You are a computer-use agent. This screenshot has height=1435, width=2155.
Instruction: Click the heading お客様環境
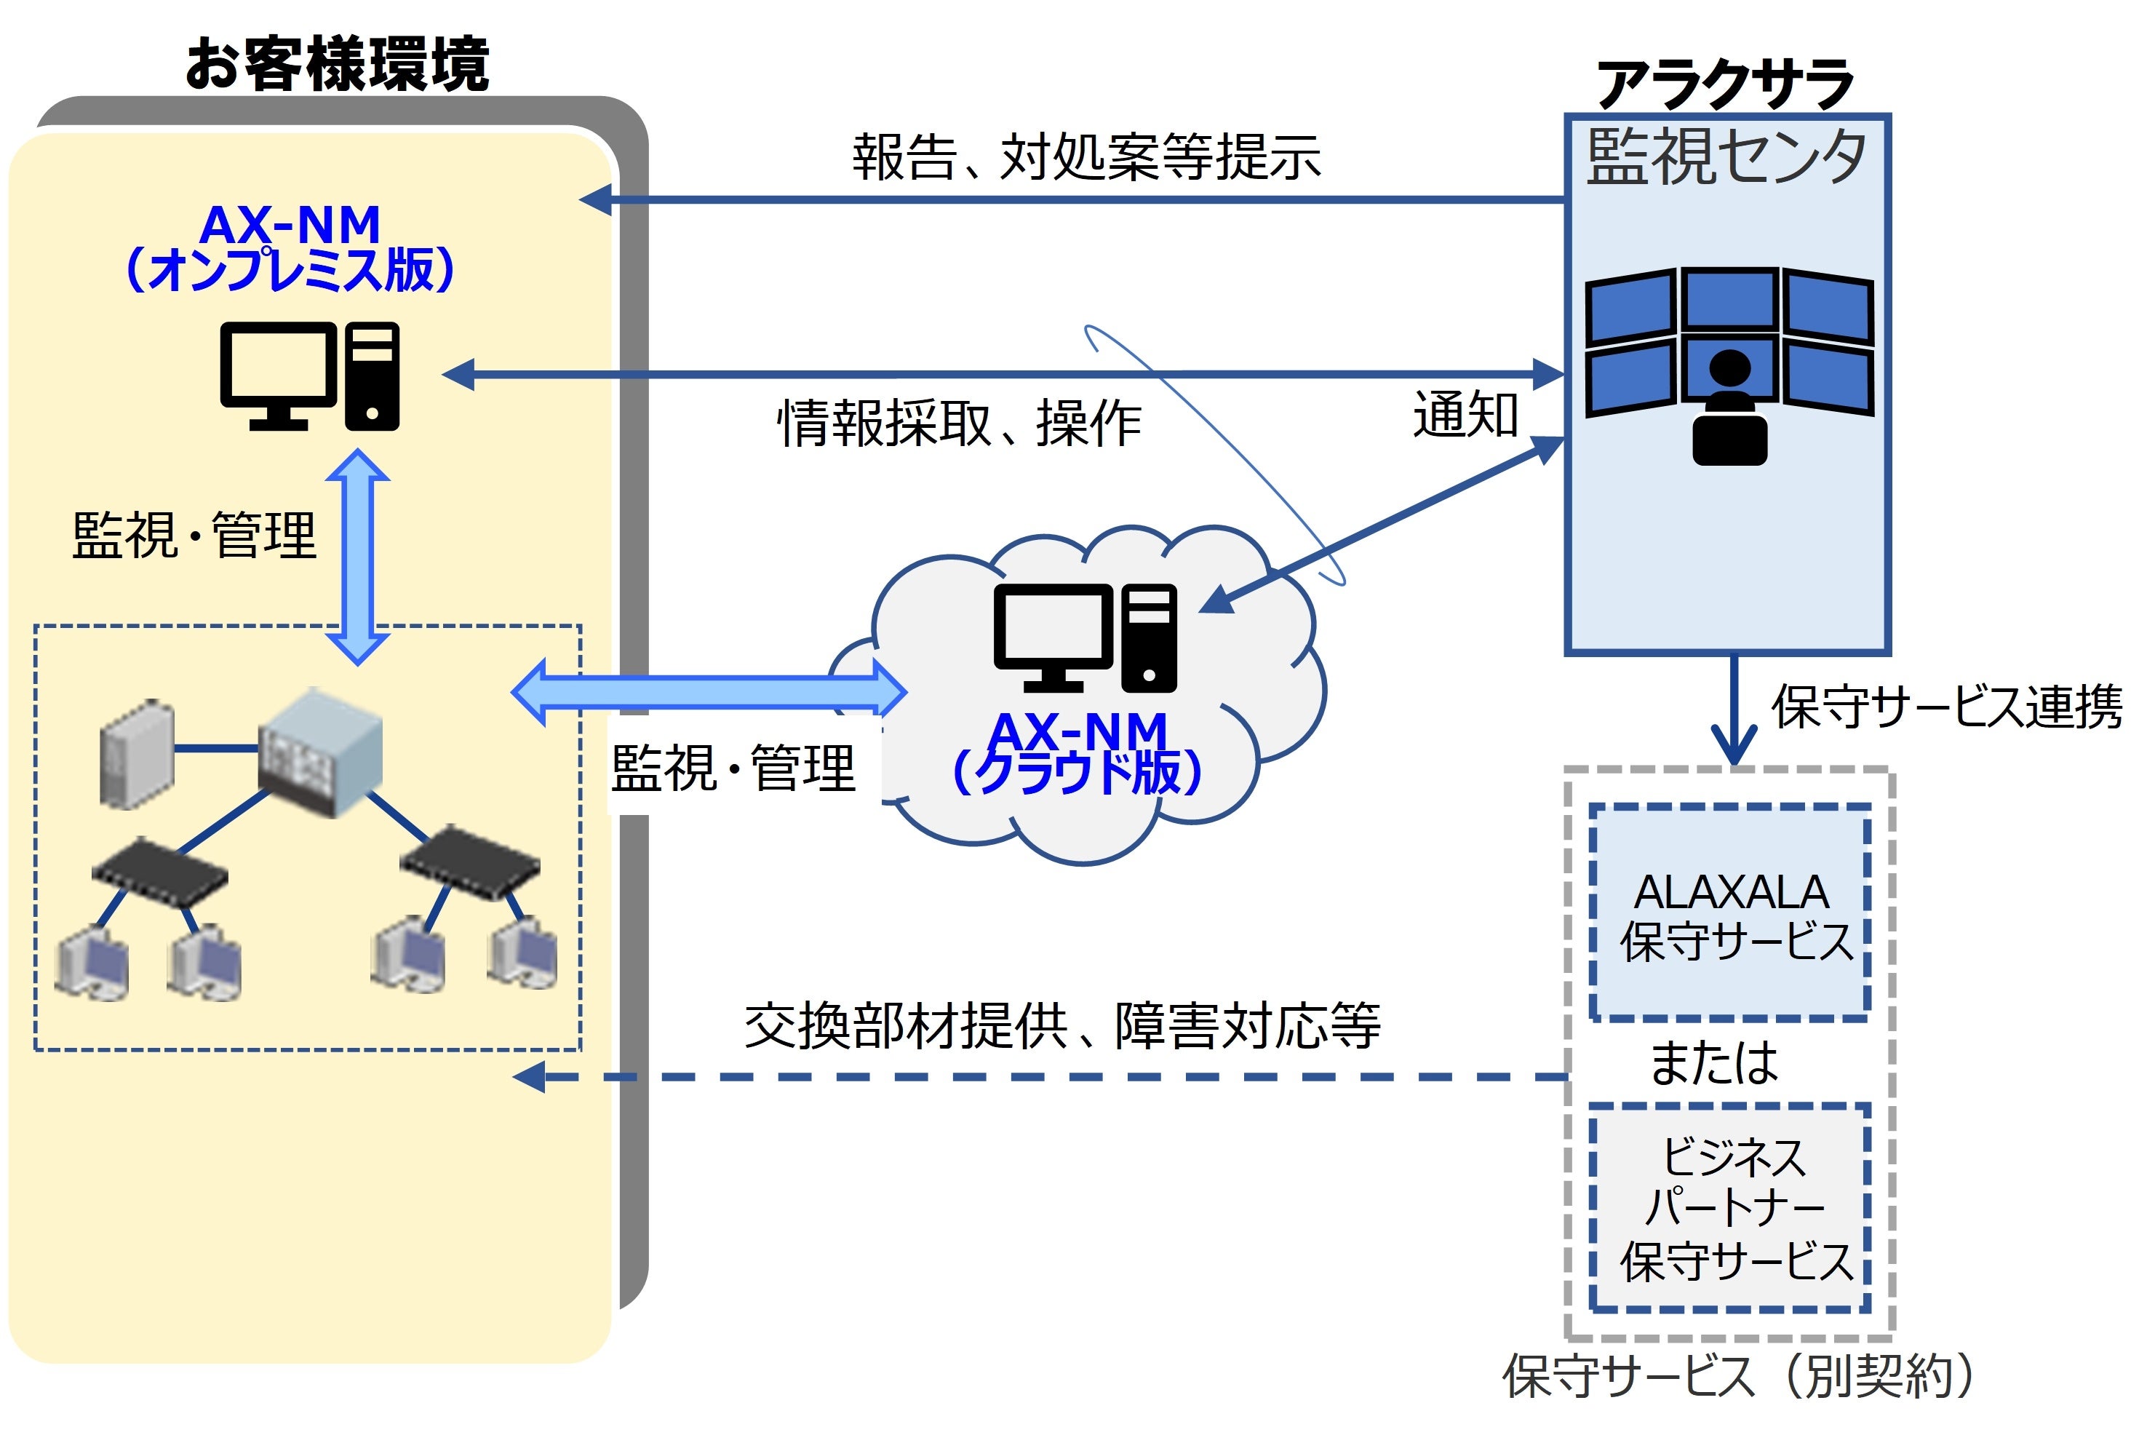(x=337, y=64)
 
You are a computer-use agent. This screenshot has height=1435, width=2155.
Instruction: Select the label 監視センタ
(x=1726, y=157)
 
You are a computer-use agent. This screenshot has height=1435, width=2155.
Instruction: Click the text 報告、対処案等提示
(x=1086, y=156)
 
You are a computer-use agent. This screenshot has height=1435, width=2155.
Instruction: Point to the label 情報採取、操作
(x=958, y=424)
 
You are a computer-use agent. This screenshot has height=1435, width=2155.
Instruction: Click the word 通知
(x=1465, y=415)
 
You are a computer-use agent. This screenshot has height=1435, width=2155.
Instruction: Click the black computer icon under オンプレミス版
(x=309, y=376)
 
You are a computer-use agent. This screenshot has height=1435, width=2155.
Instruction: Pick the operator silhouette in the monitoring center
(x=1729, y=408)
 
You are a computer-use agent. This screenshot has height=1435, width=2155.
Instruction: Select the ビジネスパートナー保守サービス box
(x=1729, y=1209)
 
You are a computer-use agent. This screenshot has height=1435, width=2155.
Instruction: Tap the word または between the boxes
(x=1713, y=1062)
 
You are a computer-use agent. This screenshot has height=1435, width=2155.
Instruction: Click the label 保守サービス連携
(x=1946, y=707)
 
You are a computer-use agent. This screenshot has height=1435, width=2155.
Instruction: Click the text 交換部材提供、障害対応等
(x=1061, y=1026)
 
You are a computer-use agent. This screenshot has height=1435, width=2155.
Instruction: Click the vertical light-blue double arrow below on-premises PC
(x=358, y=557)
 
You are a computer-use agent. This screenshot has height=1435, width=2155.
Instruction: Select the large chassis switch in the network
(x=320, y=752)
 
